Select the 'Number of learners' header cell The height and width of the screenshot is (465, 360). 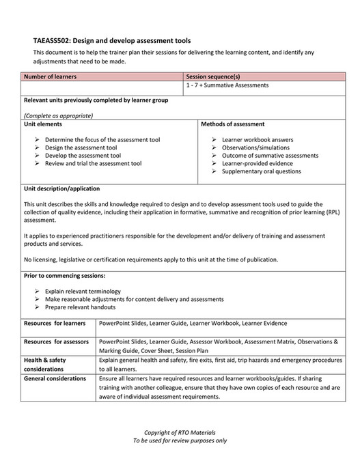(50, 77)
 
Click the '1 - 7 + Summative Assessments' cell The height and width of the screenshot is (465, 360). (227, 86)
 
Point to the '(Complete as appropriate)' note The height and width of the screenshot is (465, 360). (58, 116)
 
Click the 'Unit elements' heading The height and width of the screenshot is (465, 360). (43, 124)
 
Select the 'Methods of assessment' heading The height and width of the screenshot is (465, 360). (233, 124)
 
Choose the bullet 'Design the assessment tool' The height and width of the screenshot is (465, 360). (81, 147)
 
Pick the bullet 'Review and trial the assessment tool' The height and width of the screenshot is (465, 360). (93, 164)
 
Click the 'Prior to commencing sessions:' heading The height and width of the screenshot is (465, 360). (64, 276)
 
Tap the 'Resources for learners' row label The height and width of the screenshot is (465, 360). (55, 323)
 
